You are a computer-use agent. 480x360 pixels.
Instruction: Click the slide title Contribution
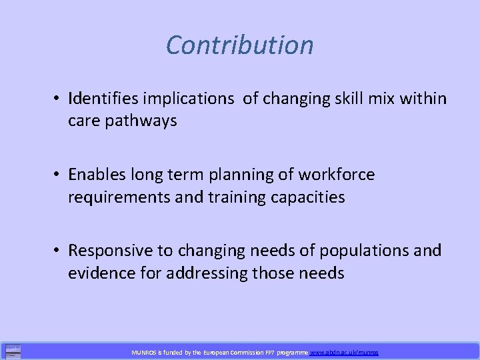pos(239,45)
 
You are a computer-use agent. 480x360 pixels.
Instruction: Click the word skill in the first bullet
pos(341,99)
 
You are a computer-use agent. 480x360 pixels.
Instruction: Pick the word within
pos(423,99)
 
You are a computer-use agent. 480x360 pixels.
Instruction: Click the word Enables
pos(93,175)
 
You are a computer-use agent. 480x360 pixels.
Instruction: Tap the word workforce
pos(337,175)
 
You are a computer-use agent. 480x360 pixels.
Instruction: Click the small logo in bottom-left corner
pos(12,351)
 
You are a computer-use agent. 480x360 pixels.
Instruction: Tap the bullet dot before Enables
pos(59,175)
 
